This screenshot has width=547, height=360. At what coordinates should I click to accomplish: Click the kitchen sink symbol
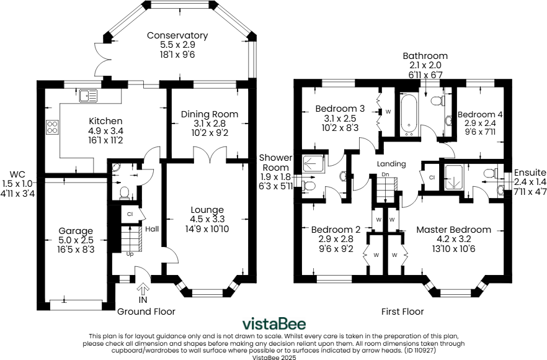coord(88,96)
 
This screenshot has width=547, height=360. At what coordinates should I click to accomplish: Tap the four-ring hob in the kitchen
coord(52,127)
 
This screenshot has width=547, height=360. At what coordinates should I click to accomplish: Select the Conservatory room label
coord(177,35)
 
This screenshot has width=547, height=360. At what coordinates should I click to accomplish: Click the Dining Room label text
coord(210,114)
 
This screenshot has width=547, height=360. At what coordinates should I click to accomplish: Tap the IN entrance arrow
coord(143,289)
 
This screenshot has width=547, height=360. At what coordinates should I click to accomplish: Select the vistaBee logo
coord(274,324)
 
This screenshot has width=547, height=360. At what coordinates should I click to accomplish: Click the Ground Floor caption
coord(146,312)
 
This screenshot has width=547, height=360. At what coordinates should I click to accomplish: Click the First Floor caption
coord(402,312)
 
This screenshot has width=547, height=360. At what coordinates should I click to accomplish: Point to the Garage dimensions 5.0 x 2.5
coord(76,240)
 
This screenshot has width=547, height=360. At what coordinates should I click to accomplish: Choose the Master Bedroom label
coord(453,230)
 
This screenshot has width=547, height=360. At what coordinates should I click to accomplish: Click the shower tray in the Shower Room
coord(313,163)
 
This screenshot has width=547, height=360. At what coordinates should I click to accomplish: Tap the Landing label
coord(391,164)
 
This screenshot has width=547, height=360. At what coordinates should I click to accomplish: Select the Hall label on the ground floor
coord(152,229)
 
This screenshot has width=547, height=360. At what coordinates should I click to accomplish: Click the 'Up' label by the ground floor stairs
coord(130,254)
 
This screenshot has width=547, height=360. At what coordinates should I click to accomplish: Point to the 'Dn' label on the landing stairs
coord(385,174)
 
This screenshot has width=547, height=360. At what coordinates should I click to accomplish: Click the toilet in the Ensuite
coord(491,173)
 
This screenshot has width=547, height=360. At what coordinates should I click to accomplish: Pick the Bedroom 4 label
coord(480,115)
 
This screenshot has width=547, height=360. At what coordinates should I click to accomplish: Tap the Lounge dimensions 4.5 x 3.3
coord(207,219)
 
